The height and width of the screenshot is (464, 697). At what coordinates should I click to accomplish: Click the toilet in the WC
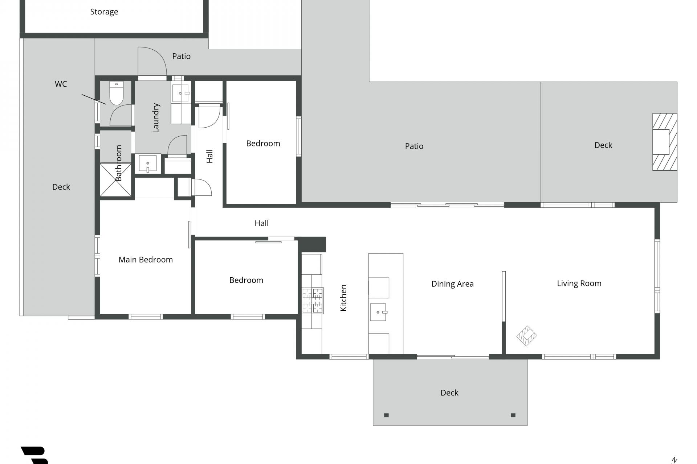[117, 93]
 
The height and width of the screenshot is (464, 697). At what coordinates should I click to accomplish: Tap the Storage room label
[104, 12]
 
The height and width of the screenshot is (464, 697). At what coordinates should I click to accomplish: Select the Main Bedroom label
[146, 260]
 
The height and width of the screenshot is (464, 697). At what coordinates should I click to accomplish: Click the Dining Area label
[452, 284]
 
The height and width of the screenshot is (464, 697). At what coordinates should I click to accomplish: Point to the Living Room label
[579, 283]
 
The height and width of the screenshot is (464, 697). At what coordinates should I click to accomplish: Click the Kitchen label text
[343, 298]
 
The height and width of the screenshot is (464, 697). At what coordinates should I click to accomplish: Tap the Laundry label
[156, 118]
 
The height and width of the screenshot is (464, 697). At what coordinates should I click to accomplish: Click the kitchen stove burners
[313, 301]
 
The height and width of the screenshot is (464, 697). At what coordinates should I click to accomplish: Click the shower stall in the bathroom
[116, 180]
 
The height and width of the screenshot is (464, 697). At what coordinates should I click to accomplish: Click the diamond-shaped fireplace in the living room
[527, 336]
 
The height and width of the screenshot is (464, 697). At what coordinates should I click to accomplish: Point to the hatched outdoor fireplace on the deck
[665, 142]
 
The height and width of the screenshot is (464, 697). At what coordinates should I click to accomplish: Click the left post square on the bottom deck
[386, 415]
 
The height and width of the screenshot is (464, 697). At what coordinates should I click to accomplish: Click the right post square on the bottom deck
[513, 415]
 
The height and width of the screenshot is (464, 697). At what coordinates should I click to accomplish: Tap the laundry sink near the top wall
[180, 94]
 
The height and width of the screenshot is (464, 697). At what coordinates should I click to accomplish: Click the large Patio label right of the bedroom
[414, 146]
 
